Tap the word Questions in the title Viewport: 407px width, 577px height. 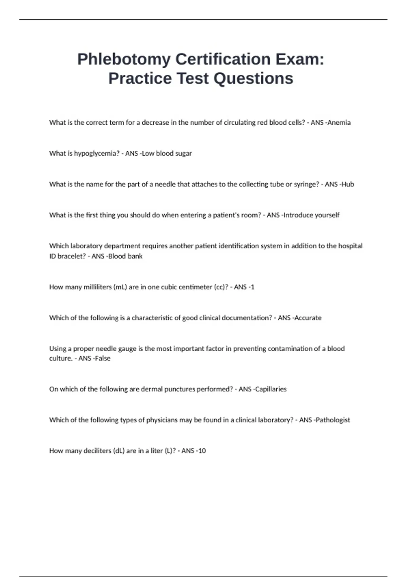tap(253, 78)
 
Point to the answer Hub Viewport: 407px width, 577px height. tap(348, 184)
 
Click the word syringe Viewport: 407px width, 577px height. tap(307, 184)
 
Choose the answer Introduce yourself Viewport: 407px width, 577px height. tap(312, 215)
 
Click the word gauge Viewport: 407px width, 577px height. tap(127, 349)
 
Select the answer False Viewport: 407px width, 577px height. tap(103, 358)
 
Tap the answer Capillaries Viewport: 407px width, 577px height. tap(271, 389)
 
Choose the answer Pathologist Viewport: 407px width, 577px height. tap(333, 420)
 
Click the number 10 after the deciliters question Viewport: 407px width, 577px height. tap(202, 451)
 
